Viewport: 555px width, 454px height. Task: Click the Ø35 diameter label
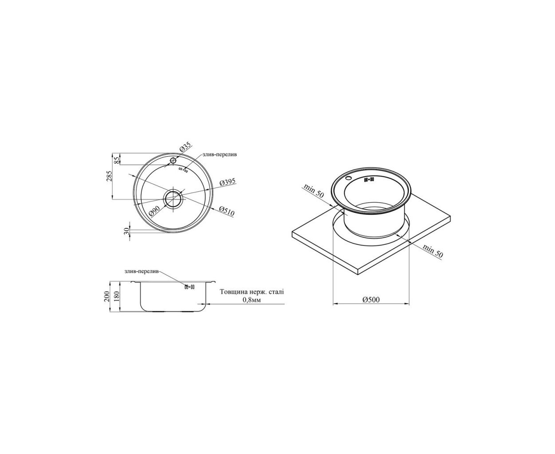186,146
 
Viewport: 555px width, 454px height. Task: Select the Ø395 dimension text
227,183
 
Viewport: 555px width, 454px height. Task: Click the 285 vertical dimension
110,176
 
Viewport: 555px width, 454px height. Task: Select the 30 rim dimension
127,231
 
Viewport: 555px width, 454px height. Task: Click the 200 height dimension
106,296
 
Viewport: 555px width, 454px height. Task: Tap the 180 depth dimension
117,296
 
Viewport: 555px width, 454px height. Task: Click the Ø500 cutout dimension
371,300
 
